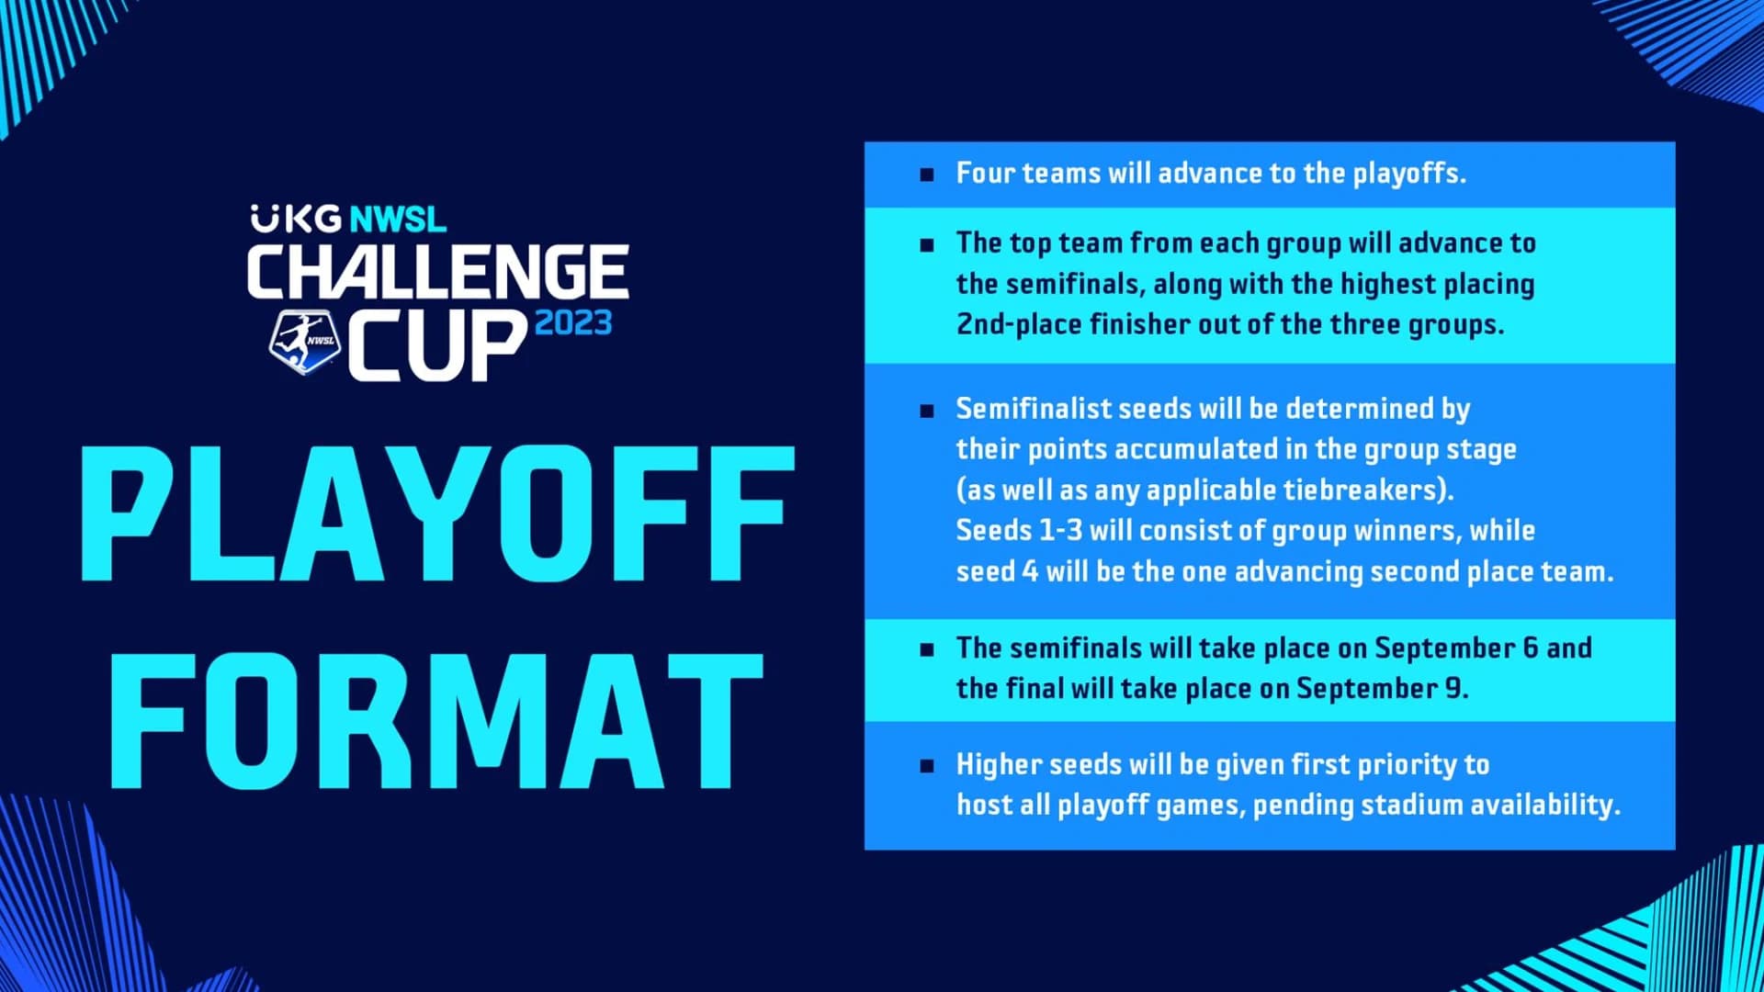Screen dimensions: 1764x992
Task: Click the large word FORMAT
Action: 437,721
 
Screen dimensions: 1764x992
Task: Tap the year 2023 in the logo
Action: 573,323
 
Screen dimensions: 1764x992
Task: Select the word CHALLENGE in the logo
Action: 438,272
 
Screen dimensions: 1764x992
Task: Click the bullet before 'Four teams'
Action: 927,174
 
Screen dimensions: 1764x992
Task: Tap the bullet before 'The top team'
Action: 927,244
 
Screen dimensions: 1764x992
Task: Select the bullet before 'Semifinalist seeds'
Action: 927,410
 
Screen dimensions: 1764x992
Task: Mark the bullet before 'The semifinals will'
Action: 927,649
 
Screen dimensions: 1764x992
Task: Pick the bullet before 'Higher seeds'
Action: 927,765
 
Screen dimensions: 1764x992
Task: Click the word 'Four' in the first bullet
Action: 986,173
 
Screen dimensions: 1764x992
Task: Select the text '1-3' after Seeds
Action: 1059,530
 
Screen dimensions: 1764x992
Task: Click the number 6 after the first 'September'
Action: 1530,648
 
